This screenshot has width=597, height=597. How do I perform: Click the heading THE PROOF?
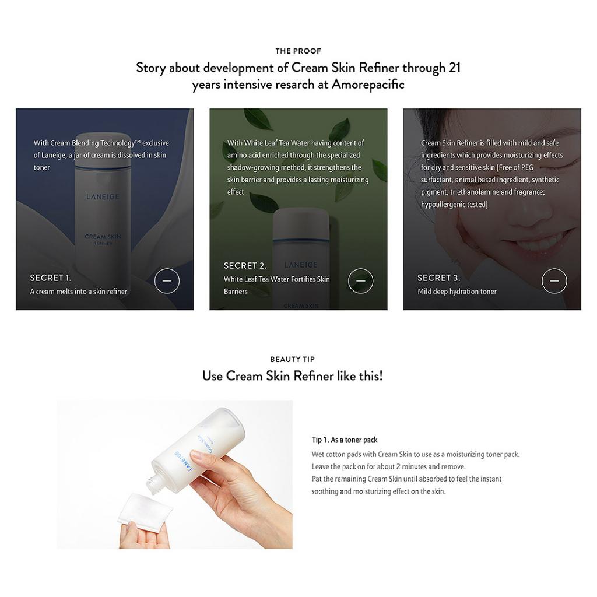(298, 51)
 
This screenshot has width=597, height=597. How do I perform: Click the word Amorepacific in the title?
(368, 85)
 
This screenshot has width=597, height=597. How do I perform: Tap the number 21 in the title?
(455, 68)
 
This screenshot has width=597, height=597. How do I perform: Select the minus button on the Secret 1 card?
(167, 281)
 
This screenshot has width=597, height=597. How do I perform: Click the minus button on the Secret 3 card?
(554, 281)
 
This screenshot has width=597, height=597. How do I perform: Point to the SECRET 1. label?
(51, 278)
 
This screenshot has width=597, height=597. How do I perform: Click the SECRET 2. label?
(245, 266)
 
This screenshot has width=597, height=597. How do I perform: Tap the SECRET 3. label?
(438, 278)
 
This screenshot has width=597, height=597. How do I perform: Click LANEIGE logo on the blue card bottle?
(103, 197)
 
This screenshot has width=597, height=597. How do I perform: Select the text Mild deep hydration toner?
(457, 292)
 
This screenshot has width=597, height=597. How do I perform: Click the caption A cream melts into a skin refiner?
(79, 292)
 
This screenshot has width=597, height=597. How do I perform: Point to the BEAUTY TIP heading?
(292, 360)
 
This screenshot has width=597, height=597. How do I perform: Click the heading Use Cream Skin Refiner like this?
(292, 376)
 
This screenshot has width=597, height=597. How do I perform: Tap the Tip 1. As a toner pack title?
(345, 440)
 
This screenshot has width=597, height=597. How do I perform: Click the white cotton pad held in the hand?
(145, 507)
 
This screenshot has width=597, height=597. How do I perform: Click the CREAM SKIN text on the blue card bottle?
(103, 237)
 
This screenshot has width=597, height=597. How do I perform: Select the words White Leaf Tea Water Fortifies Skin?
(276, 279)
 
